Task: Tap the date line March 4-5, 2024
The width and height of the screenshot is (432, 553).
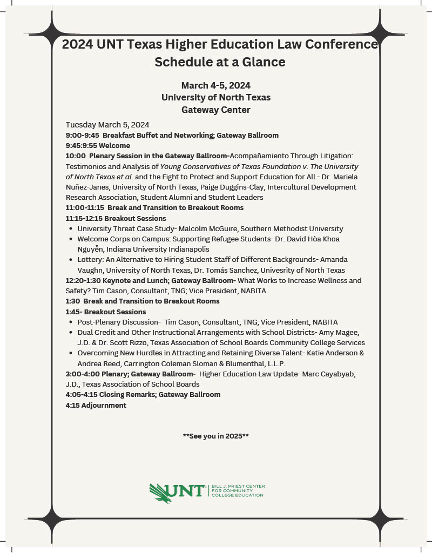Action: [x=216, y=85]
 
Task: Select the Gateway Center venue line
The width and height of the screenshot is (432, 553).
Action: [x=216, y=110]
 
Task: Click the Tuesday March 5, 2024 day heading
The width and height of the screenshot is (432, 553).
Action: [x=107, y=125]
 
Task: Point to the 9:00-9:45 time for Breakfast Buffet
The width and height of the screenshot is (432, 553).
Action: [x=82, y=135]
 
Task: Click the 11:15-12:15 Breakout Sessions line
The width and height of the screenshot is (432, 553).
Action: [x=116, y=218]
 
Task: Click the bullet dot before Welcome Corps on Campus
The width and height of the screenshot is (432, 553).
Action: [x=71, y=239]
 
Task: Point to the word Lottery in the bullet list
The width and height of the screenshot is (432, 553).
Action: [x=91, y=260]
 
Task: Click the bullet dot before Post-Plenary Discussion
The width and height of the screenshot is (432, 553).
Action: [x=71, y=322]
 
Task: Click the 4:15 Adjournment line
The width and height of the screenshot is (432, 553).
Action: [x=96, y=405]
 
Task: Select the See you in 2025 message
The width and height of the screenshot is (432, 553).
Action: [x=216, y=436]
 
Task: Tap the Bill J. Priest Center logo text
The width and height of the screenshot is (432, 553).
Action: [x=238, y=490]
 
